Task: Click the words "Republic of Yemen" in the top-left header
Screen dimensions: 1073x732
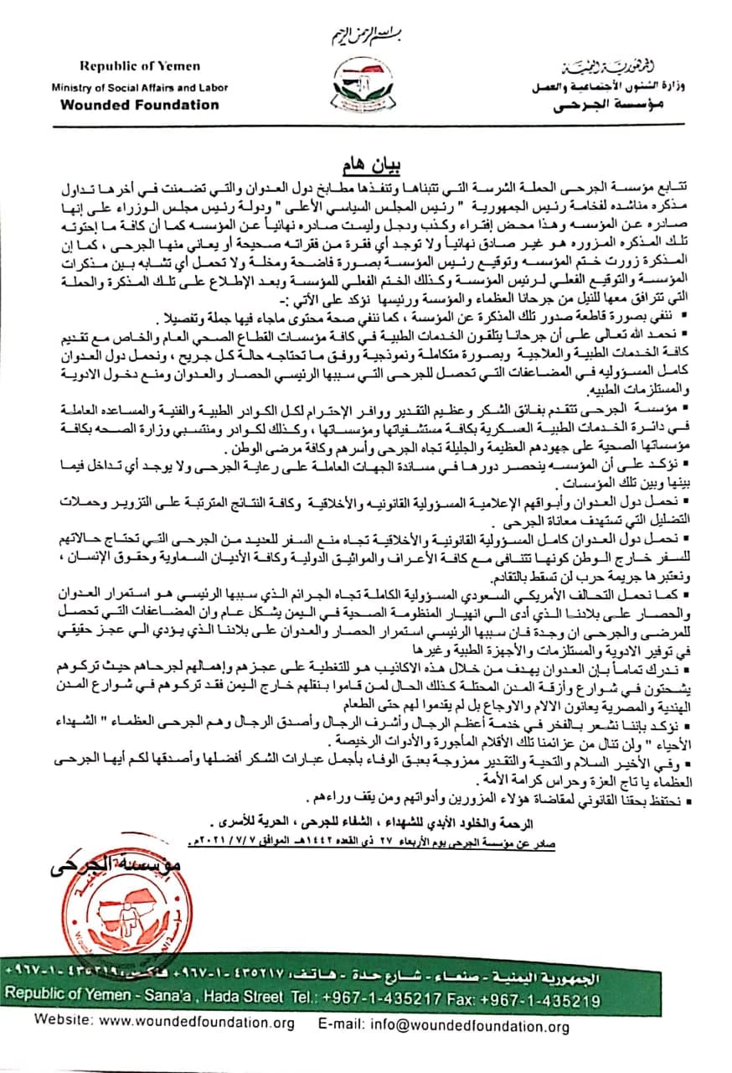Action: pos(140,65)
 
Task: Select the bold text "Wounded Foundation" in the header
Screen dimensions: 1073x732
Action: pos(140,106)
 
